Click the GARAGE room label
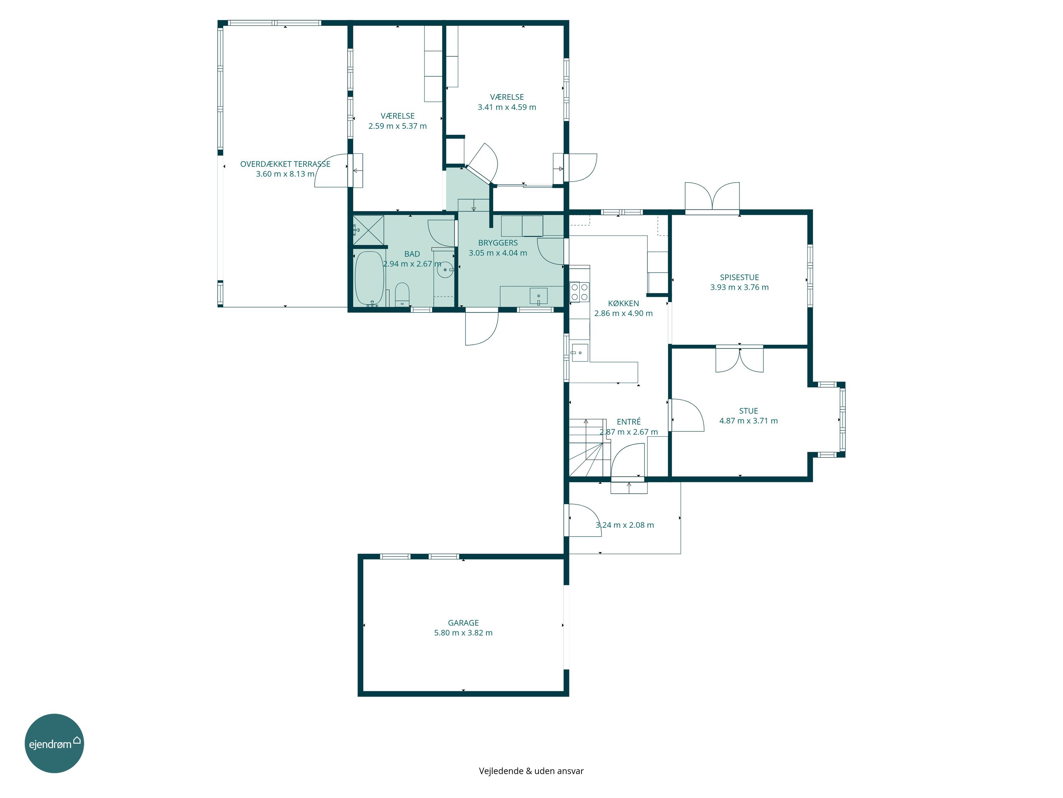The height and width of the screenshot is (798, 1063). [x=463, y=622]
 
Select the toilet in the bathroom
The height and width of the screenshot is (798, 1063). [x=402, y=294]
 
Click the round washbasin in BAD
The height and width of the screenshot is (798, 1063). [x=445, y=270]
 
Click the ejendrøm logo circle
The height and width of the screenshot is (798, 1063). [x=54, y=743]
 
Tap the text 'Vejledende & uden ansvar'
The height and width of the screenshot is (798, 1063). [x=531, y=771]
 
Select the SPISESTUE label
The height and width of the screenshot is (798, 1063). [x=739, y=277]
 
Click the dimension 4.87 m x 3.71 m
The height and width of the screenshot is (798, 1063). [x=748, y=420]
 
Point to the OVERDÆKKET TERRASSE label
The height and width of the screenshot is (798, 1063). [x=285, y=164]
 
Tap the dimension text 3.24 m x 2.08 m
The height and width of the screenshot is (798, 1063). [x=624, y=525]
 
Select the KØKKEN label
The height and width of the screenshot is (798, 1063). [x=623, y=303]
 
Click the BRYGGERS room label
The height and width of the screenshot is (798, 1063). [x=498, y=243]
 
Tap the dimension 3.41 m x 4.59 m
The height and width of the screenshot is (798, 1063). [x=506, y=107]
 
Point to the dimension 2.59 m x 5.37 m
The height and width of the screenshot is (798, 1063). [x=398, y=126]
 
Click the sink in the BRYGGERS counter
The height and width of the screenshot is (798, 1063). [x=539, y=296]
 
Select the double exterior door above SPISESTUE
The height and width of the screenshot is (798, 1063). [x=712, y=197]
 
